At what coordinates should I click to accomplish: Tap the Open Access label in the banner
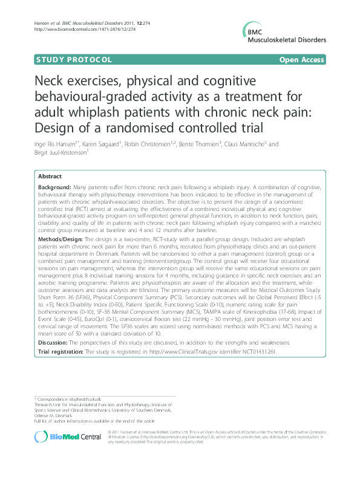pos(303,60)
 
